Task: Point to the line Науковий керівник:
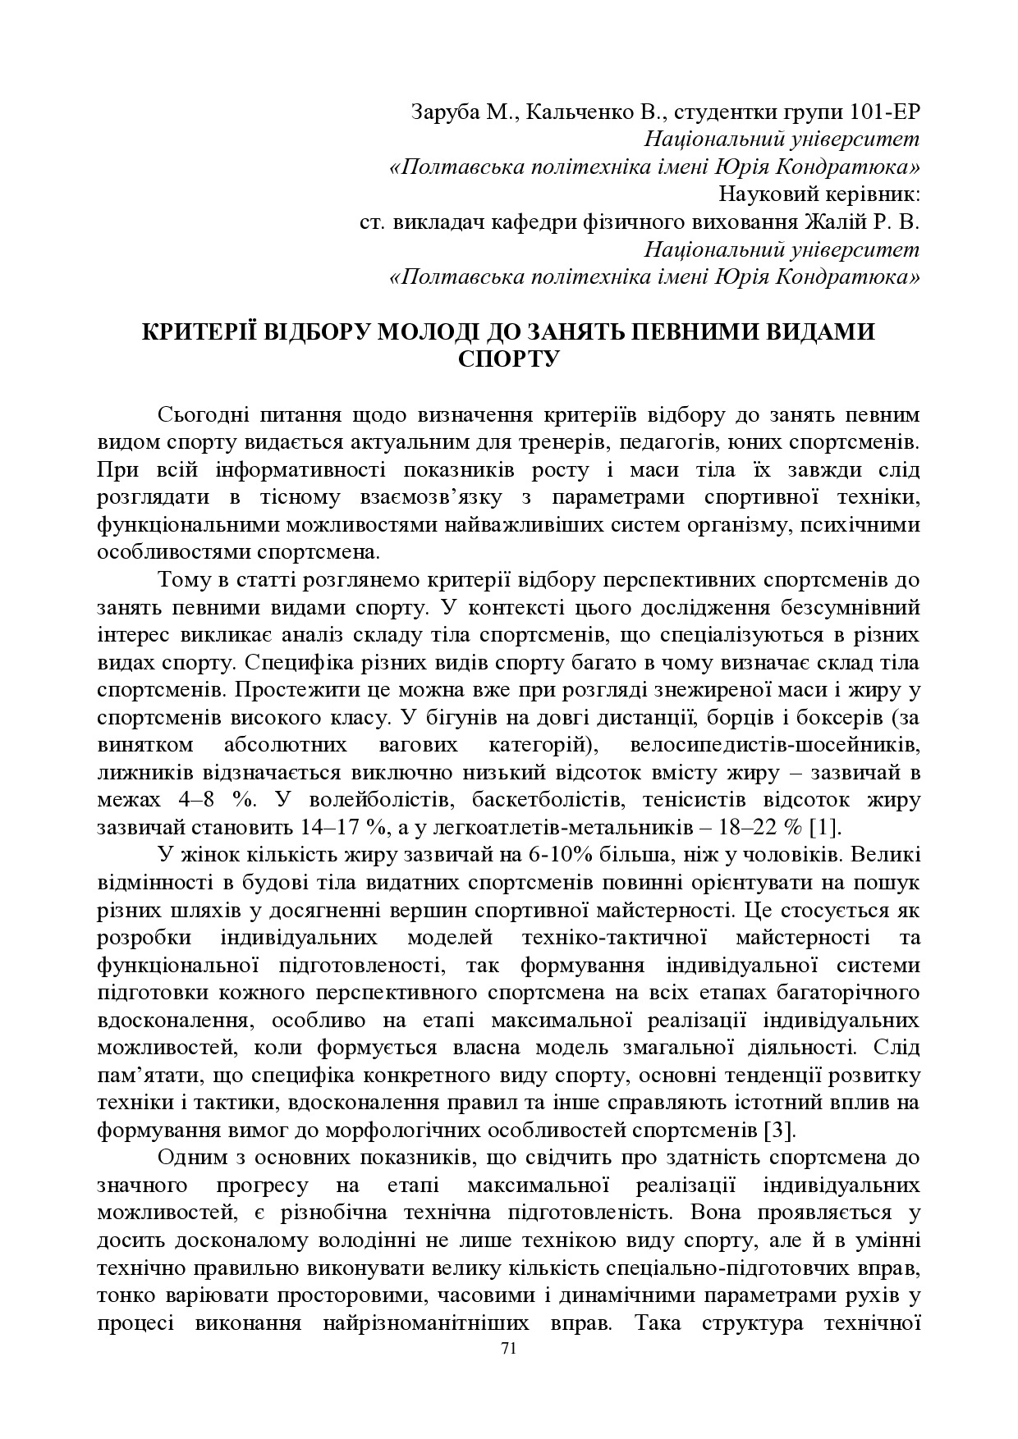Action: (x=819, y=194)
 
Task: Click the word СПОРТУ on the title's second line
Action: (x=508, y=359)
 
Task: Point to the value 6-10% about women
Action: (x=562, y=854)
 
